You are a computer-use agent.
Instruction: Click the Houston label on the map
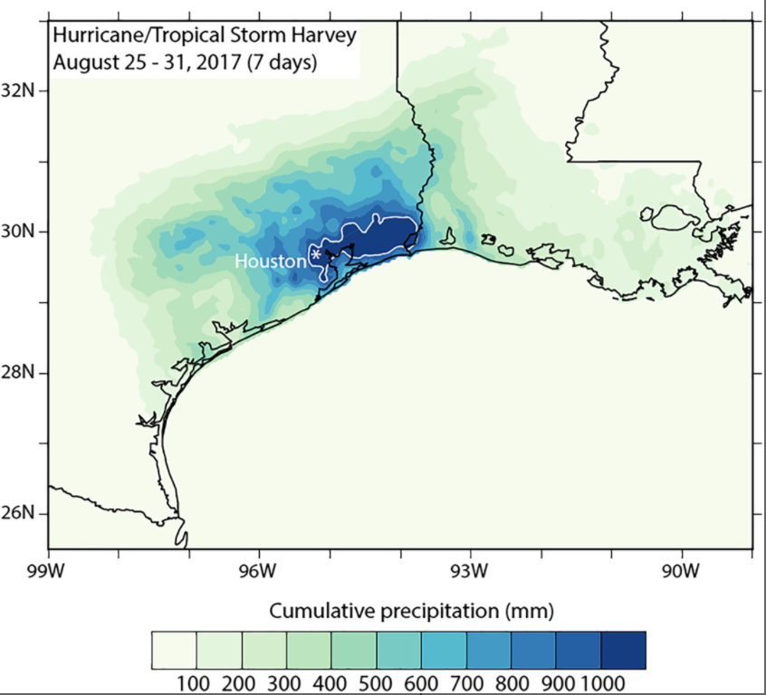(270, 262)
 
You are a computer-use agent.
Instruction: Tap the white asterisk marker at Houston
(315, 256)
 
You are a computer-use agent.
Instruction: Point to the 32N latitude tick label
(20, 90)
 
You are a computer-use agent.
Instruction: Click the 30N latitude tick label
(20, 232)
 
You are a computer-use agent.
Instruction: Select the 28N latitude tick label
(20, 372)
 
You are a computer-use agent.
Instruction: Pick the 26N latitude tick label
(20, 512)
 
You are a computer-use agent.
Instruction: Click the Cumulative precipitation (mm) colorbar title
(398, 607)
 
